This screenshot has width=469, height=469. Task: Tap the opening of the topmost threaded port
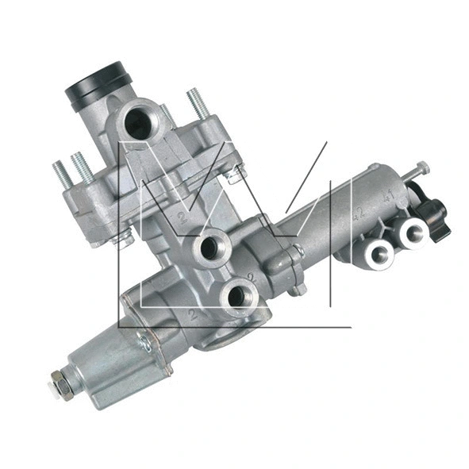(139, 122)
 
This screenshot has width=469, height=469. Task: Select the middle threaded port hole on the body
(210, 248)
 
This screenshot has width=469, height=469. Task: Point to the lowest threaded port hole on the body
(237, 297)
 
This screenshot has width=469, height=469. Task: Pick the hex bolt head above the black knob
(423, 167)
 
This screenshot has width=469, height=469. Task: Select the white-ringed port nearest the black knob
(414, 233)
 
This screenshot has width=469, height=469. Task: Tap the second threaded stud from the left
(82, 165)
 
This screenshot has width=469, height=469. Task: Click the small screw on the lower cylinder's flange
(144, 343)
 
